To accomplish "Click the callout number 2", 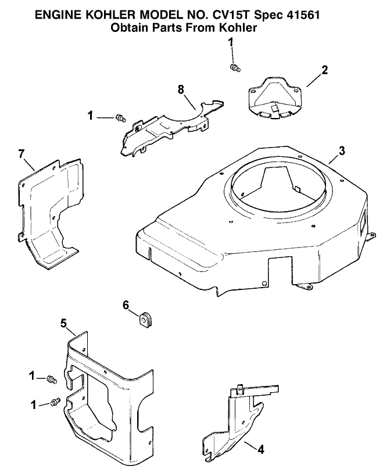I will click(324, 70).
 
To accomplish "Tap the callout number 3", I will click(342, 150).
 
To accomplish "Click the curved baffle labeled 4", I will click(235, 424).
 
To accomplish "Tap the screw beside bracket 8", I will click(121, 118).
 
